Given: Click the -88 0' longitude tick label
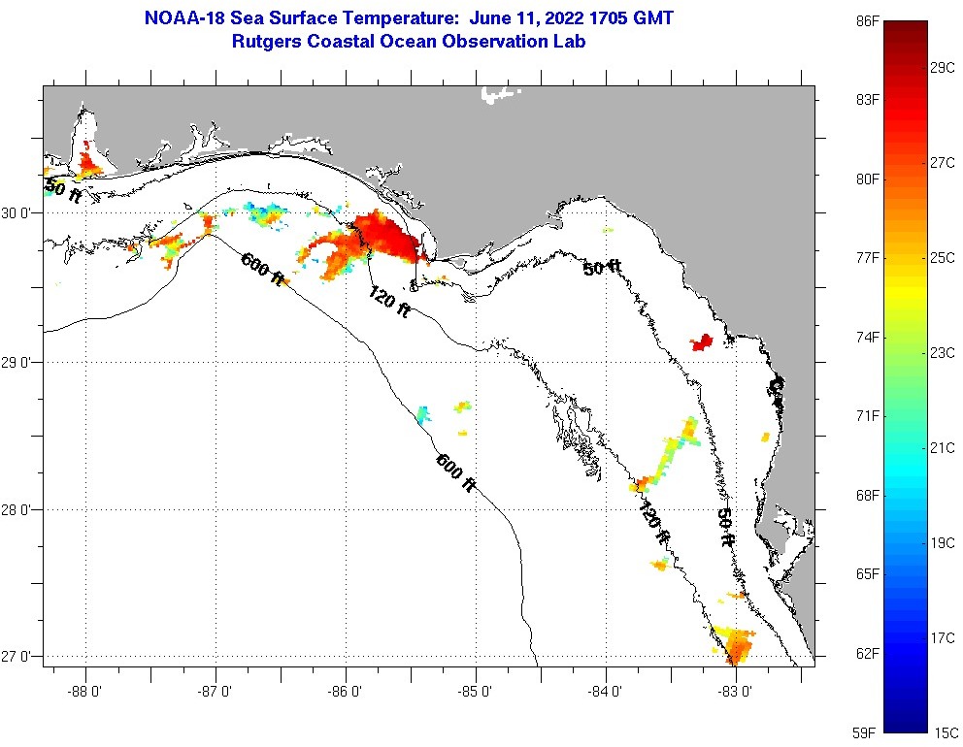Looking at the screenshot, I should [x=85, y=693].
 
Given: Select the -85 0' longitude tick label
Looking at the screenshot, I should [x=476, y=693].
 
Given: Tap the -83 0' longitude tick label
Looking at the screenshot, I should [x=736, y=693].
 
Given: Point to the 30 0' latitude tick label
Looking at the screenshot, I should [x=20, y=213].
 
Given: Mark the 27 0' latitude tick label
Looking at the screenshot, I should [x=20, y=658].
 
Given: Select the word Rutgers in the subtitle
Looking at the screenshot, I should [x=263, y=42].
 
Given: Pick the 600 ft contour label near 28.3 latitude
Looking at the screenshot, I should [x=455, y=472].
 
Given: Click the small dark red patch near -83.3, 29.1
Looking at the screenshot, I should [x=701, y=341].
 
